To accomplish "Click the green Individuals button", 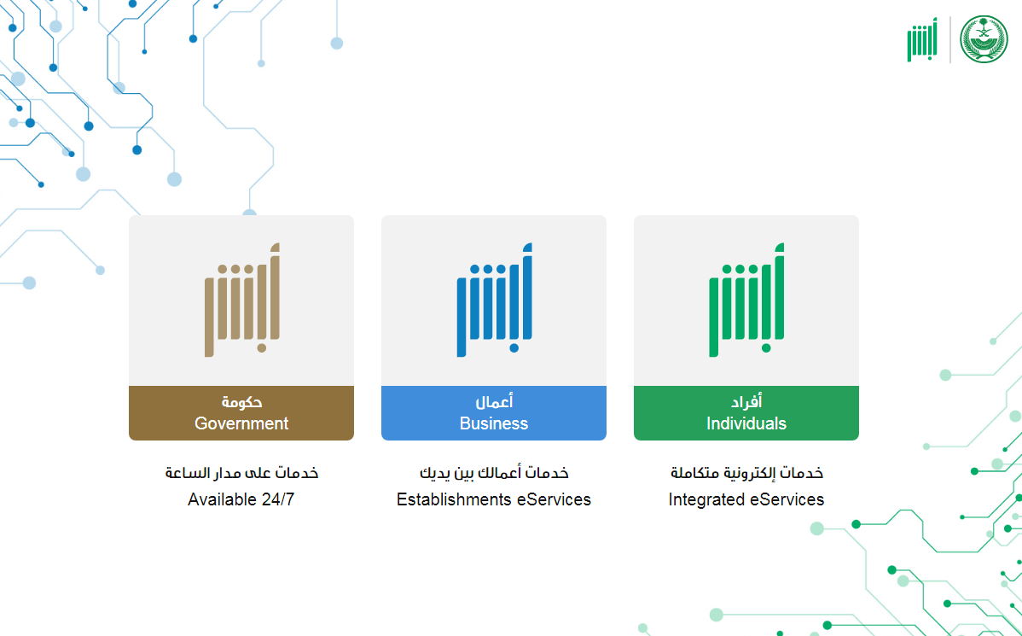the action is pos(746,413).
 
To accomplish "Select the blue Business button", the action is pos(494,413).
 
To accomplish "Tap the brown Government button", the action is pos(241,413).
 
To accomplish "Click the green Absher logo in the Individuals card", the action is pos(746,300).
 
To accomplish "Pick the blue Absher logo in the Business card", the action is pos(494,300).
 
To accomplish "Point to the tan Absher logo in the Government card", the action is pos(241,300).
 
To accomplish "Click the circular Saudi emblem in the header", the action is pos(984,39).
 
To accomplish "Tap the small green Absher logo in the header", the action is pos(922,40).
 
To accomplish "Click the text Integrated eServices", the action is pos(746,499).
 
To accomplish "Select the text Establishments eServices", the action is pos(494,499).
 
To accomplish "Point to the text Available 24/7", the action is pos(241,499).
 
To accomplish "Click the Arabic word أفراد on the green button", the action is pos(746,402).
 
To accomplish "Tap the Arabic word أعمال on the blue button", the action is pos(494,402).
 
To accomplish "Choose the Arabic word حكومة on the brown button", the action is pos(241,402).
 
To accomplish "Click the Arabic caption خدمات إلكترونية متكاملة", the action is pos(746,472).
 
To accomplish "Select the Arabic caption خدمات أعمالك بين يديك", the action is pos(494,472).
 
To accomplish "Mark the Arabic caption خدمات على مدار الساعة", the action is pos(241,472).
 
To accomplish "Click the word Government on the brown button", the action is pos(241,424).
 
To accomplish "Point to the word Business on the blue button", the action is pos(494,424).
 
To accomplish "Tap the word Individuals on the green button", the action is pos(746,424).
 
